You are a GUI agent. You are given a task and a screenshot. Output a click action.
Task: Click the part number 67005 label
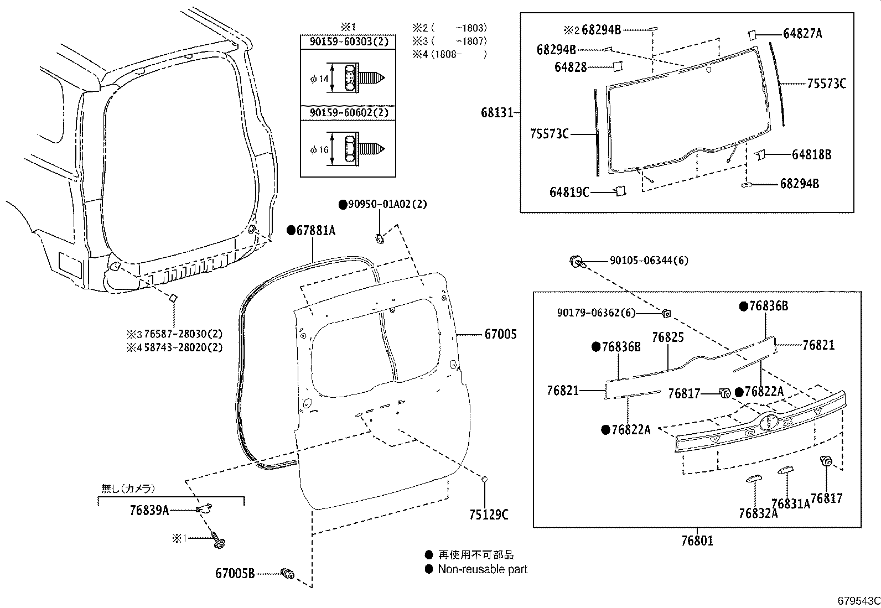coord(500,334)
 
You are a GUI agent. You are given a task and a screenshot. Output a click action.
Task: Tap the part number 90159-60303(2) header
coord(348,42)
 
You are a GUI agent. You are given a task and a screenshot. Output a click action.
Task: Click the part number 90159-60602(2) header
coord(348,113)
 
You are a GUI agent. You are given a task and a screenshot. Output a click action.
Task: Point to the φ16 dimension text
coord(319,149)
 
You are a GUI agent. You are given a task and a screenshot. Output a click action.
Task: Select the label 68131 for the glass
coord(496,113)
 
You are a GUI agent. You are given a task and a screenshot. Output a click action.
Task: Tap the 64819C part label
coord(569,192)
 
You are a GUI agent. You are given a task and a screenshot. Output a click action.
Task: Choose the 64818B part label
coord(811,154)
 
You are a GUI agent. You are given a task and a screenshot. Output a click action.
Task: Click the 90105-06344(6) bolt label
coord(649,261)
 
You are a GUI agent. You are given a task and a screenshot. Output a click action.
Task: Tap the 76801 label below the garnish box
coord(697,541)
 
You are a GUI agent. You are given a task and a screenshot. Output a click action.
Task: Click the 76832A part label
coord(758,513)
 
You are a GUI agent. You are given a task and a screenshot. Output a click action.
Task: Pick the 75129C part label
coord(489,515)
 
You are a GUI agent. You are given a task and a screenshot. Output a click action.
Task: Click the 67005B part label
coord(235,574)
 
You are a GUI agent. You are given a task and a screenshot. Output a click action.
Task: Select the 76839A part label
coord(149,510)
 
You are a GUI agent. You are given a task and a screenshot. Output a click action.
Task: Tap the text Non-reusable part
coord(482,569)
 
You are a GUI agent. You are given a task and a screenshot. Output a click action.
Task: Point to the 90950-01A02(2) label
coord(387,204)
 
